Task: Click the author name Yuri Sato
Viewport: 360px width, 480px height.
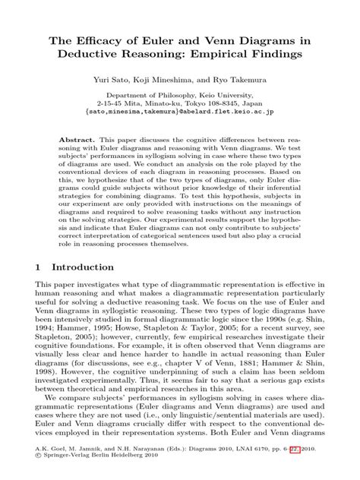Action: (113, 78)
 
